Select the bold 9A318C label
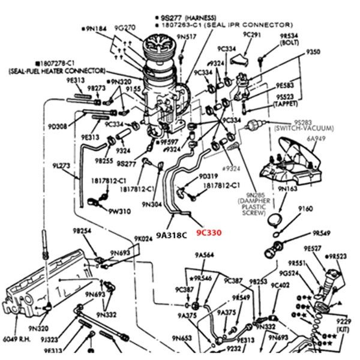[x=172, y=235]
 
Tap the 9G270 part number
[x=127, y=27]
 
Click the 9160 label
[x=306, y=209]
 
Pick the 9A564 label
[x=205, y=255]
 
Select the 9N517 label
[x=188, y=37]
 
